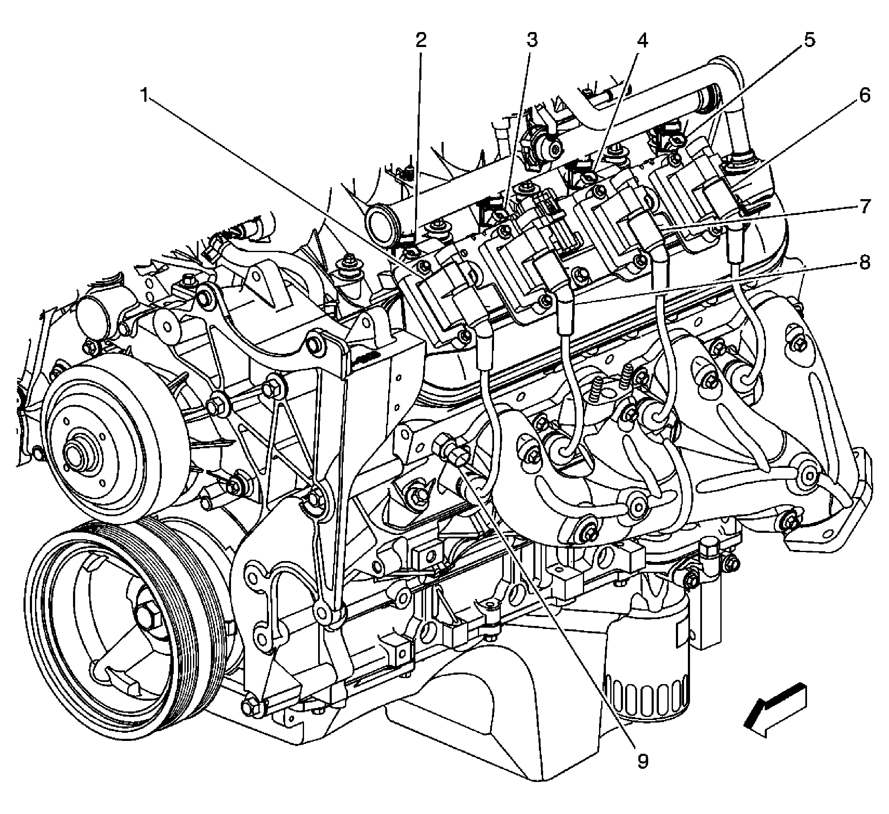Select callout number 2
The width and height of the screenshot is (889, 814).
coord(421,41)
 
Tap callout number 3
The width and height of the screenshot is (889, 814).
coord(532,41)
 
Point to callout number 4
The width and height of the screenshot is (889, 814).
coord(643,41)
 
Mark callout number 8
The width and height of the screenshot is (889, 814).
coord(864,263)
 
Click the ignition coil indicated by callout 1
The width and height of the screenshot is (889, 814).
coord(441,300)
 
